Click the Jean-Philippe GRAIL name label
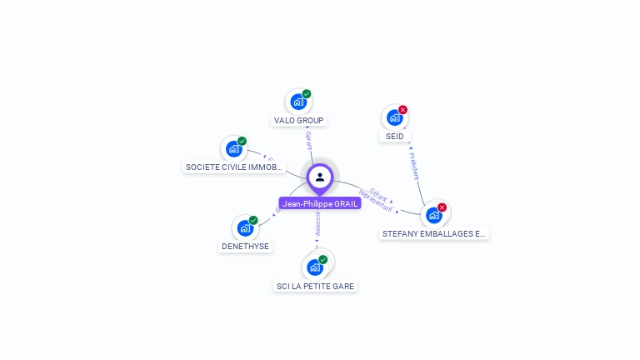point(320,203)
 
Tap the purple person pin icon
point(320,177)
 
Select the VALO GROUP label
point(298,121)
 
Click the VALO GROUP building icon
point(297,102)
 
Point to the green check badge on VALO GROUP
point(307,94)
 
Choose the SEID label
point(395,136)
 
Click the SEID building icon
point(394,117)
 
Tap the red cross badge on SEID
point(403,109)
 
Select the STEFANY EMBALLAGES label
point(433,234)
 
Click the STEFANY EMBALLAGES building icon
point(433,215)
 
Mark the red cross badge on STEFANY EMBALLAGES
point(442,207)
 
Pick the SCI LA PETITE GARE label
point(315,286)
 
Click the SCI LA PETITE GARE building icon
point(314,267)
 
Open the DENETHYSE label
point(244,247)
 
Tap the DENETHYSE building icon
point(244,227)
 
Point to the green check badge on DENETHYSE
point(253,220)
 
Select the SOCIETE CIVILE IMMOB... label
point(234,167)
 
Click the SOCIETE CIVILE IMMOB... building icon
point(233,149)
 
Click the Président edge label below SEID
point(413,165)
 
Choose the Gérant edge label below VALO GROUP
point(308,140)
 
